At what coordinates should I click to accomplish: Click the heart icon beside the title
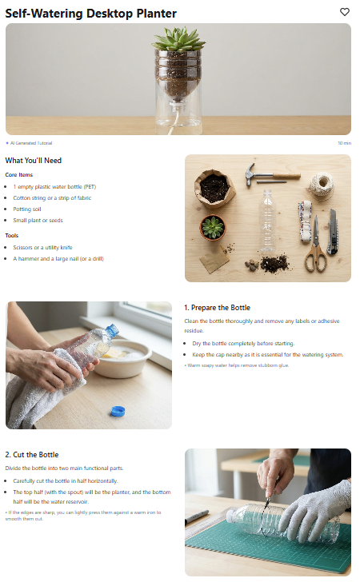pos(344,12)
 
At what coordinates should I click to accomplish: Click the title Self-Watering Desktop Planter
pos(90,14)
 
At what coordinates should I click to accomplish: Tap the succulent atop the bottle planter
pos(178,39)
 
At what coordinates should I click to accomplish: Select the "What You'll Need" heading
pos(34,161)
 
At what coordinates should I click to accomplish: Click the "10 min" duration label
pos(344,143)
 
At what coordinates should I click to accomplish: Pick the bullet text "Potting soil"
pos(27,209)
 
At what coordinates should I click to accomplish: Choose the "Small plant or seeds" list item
pos(38,221)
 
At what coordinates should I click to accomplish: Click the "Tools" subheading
pos(11,236)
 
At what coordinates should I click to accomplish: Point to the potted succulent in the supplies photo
pos(212,228)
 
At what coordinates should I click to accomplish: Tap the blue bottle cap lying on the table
pos(118,411)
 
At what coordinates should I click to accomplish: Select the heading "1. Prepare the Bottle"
pos(217,308)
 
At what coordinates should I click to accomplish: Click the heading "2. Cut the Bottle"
pos(32,455)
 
